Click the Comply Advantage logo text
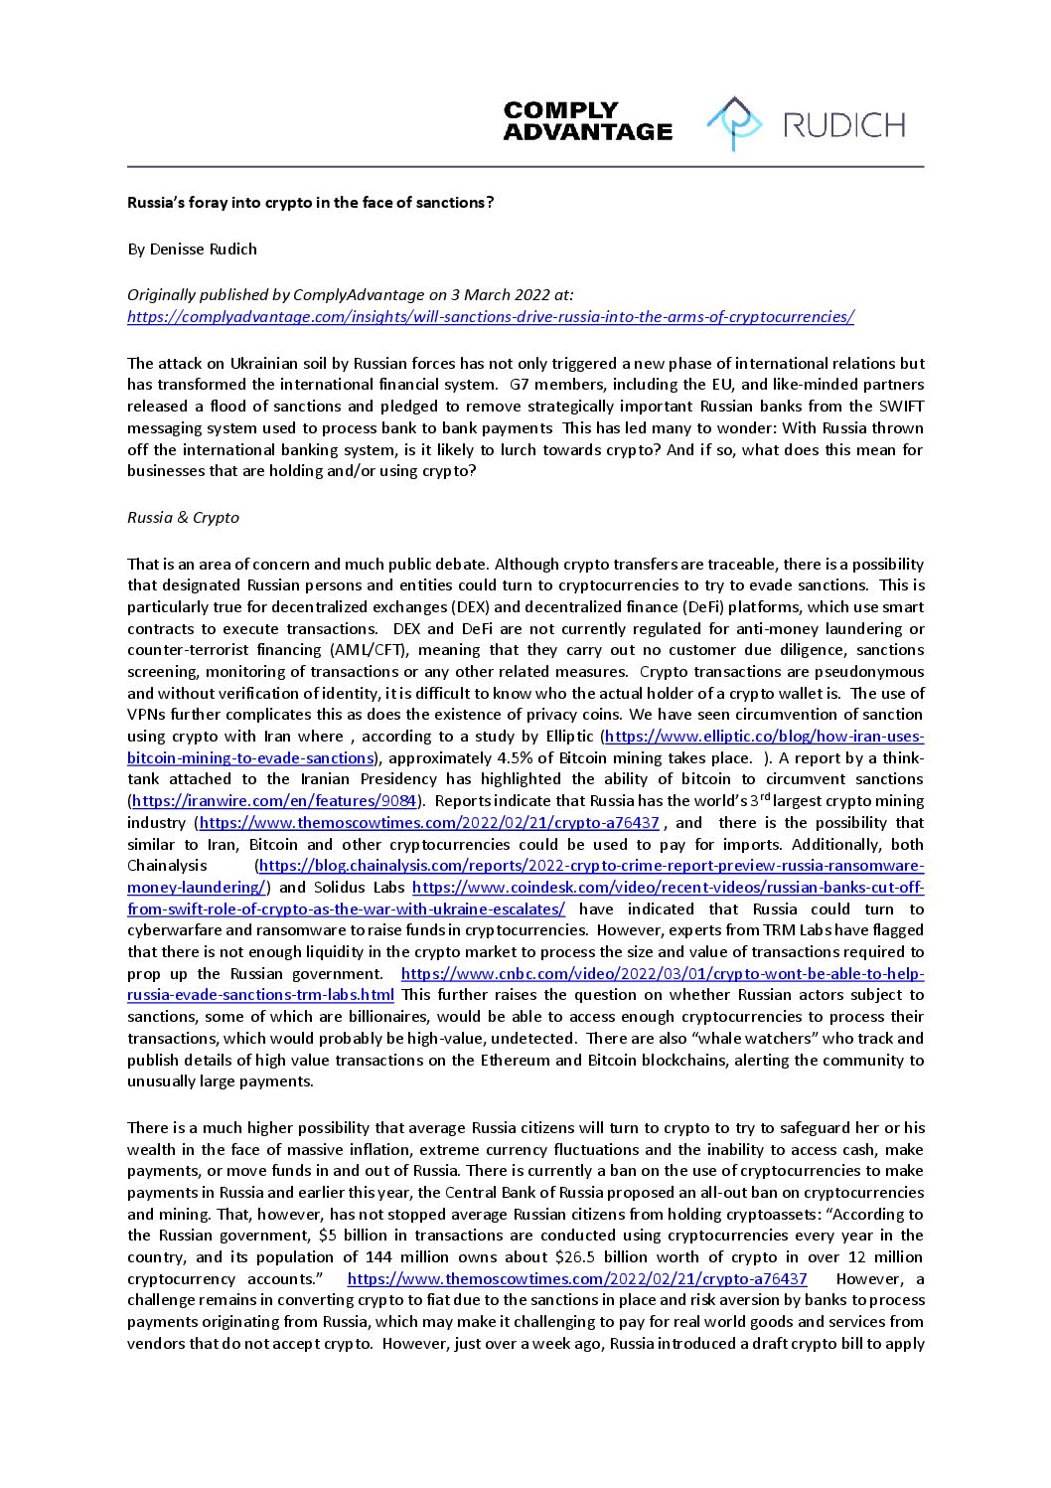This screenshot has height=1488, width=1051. pyautogui.click(x=587, y=121)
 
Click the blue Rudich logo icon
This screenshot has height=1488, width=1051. pyautogui.click(x=734, y=123)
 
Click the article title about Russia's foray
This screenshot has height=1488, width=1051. pyautogui.click(x=310, y=203)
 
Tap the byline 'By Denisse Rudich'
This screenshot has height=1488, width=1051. pyautogui.click(x=192, y=248)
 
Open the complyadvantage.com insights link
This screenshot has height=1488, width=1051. pyautogui.click(x=491, y=317)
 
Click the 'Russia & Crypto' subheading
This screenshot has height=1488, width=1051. pyautogui.click(x=183, y=518)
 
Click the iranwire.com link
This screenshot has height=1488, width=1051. pyautogui.click(x=273, y=801)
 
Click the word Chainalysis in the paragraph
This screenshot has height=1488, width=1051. pyautogui.click(x=167, y=866)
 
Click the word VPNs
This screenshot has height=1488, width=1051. pyautogui.click(x=147, y=715)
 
